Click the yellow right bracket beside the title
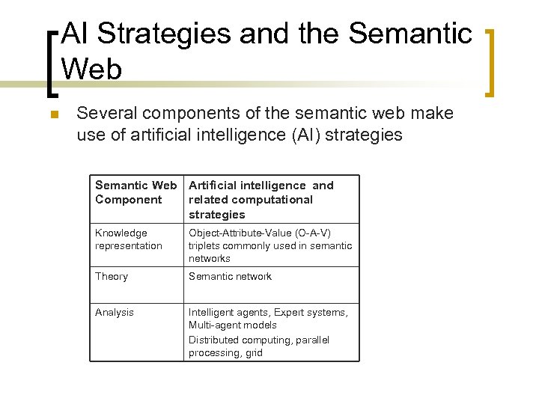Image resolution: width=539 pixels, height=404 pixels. [491, 63]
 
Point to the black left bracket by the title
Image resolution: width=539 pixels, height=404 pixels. [52, 63]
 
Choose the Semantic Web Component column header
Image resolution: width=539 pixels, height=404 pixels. [136, 192]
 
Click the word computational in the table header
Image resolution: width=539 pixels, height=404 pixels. [276, 200]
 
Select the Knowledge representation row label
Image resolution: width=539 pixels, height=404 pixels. [129, 239]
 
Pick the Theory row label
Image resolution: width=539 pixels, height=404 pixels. [112, 276]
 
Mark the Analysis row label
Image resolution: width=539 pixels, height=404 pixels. [115, 312]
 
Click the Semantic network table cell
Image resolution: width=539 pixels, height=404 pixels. [230, 276]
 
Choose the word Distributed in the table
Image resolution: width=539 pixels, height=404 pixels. [213, 340]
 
